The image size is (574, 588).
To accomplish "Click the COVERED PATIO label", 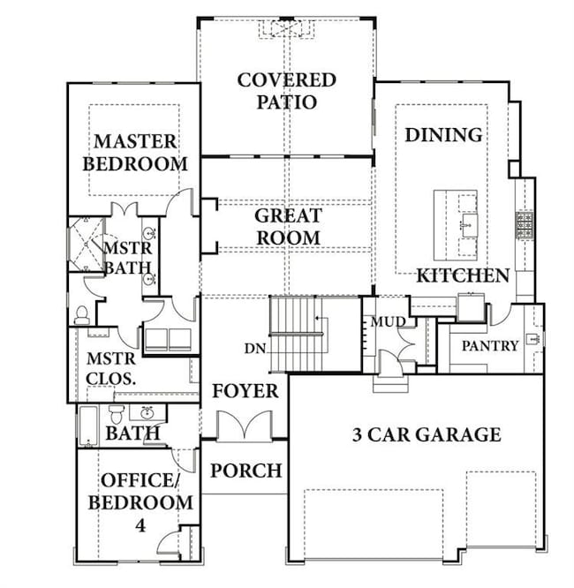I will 287,91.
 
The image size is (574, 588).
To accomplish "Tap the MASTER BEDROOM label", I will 141,152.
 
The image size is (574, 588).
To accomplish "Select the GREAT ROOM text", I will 288,226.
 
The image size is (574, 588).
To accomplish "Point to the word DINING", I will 443,135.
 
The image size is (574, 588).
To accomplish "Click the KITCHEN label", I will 463,275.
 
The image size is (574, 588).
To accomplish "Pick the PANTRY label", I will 490,345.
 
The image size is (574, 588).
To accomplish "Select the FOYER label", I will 245,390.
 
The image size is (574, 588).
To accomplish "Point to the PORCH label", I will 245,471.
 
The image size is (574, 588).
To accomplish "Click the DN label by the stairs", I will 255,348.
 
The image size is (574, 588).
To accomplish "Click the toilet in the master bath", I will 81,313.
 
